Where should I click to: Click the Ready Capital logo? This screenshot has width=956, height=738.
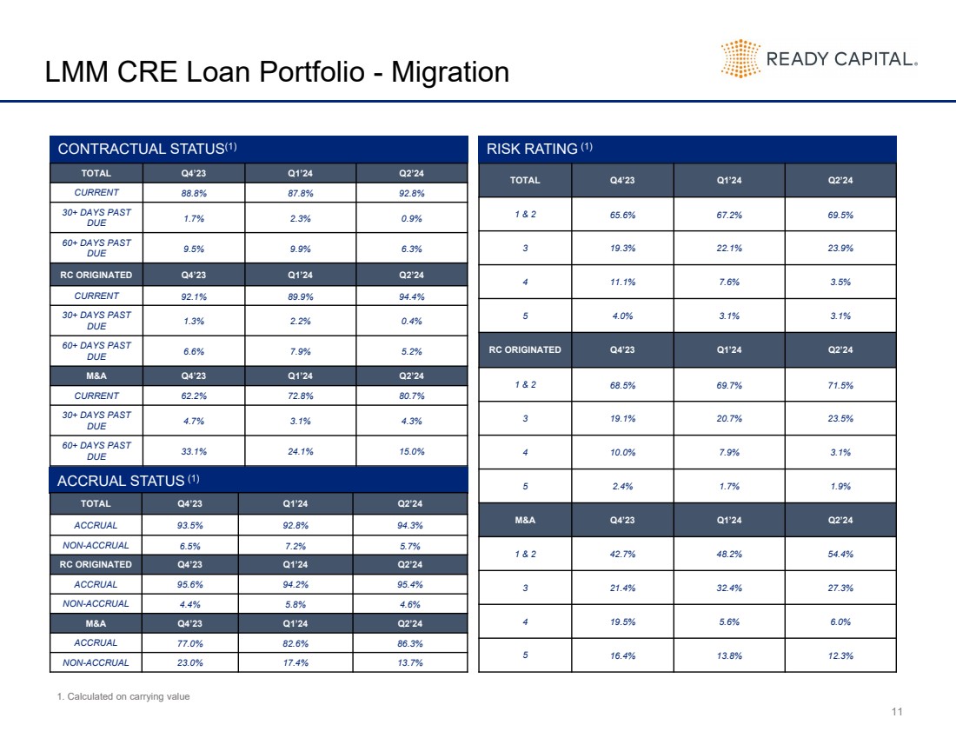coord(819,59)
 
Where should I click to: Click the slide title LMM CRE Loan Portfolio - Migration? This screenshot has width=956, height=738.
coord(277,71)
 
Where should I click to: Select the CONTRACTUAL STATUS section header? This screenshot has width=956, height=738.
coord(147,149)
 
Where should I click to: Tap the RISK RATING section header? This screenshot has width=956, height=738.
coord(540,149)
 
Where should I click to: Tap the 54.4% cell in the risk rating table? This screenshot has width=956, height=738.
coord(840,554)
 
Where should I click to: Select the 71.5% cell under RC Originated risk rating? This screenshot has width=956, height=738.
coord(840,384)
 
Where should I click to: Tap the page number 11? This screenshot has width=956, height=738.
coord(897,713)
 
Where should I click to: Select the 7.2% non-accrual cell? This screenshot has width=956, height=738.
coord(295,546)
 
